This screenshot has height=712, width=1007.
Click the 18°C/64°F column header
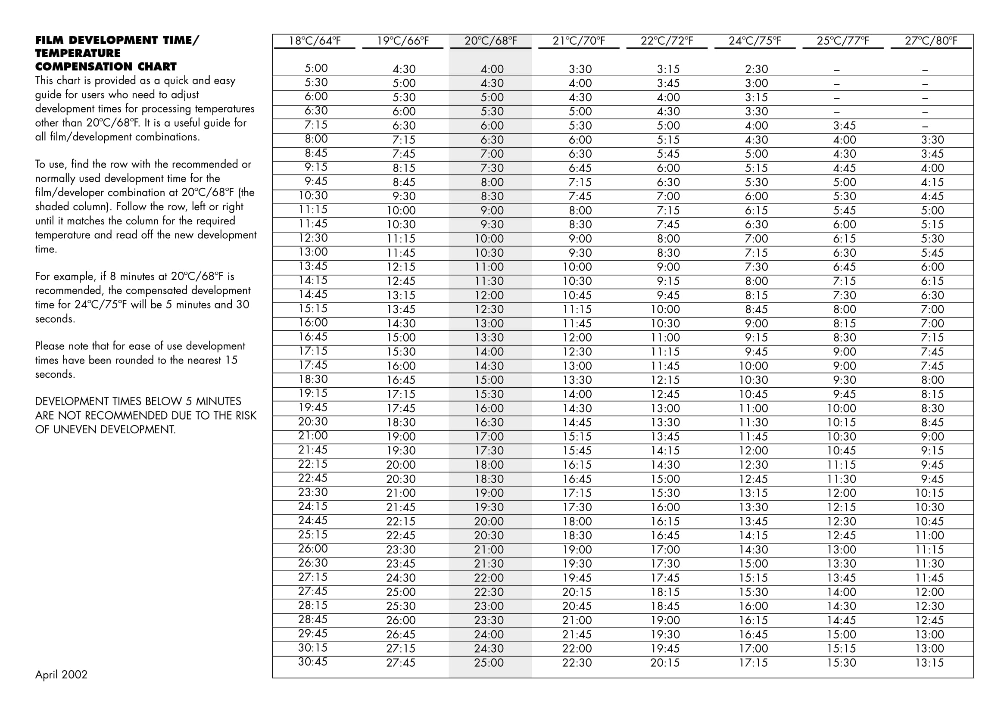pos(315,41)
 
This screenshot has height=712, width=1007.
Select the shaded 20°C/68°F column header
pos(491,41)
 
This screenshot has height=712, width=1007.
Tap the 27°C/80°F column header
pos(931,41)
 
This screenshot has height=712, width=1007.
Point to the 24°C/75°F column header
pos(755,41)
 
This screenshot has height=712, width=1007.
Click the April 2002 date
pos(61,674)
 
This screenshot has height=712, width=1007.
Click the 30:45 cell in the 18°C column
pos(313,662)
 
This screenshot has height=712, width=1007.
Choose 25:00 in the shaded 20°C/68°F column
pos(489,663)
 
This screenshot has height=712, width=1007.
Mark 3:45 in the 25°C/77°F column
pos(844,126)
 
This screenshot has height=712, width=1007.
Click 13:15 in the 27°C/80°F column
pos(929,663)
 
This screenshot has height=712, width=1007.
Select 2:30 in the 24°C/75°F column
pos(757,69)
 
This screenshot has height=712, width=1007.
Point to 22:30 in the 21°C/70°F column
pos(577,663)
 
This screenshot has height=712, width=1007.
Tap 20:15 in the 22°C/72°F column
pos(665,663)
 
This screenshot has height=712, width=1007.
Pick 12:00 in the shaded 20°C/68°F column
pos(489,295)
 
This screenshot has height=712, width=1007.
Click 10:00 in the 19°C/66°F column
pos(401,211)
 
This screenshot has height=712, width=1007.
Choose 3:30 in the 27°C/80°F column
pos(932,140)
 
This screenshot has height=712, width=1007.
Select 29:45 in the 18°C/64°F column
pos(313,634)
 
